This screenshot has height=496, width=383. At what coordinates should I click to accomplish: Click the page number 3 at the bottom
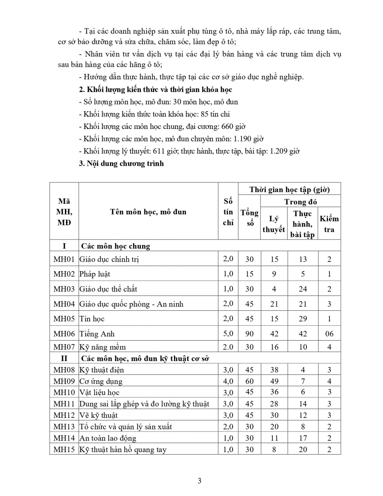200,480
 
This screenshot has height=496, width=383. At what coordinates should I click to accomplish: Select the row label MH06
64,334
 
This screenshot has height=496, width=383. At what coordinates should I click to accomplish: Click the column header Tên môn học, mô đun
148,212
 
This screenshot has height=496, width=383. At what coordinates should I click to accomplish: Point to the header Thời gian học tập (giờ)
289,190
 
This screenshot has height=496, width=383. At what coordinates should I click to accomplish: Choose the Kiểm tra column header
329,224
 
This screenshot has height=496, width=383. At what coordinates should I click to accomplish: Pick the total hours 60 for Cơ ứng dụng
250,381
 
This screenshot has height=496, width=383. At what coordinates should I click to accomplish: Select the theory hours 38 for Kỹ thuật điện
274,370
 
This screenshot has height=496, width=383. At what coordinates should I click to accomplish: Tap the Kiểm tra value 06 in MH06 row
329,334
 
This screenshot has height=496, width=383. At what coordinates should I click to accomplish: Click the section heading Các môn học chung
116,246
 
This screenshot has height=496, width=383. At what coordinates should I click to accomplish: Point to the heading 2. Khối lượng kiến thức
155,89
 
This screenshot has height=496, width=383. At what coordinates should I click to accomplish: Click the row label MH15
64,449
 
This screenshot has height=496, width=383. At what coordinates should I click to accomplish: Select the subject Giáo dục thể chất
108,289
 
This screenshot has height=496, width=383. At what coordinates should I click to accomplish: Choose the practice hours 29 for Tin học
303,319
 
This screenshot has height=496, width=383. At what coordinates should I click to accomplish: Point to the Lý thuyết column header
274,224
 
